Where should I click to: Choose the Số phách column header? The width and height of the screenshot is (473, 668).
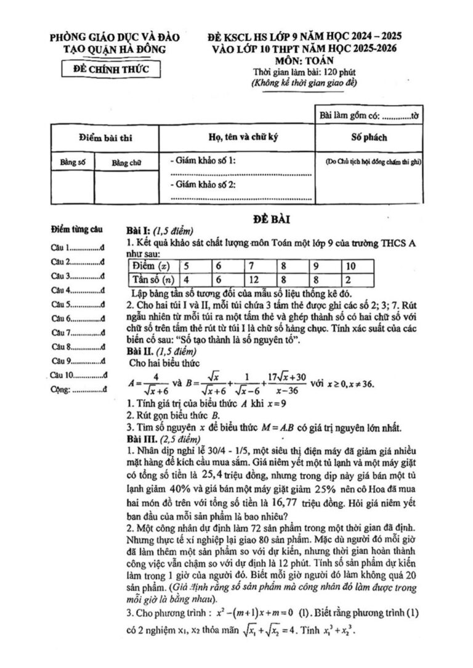(x=369, y=137)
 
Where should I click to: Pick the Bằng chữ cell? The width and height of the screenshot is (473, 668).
(x=127, y=163)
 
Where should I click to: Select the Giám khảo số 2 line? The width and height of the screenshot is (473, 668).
(x=206, y=185)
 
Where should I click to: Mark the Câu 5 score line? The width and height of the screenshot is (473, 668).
(x=78, y=304)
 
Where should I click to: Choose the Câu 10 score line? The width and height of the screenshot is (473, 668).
(x=80, y=375)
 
